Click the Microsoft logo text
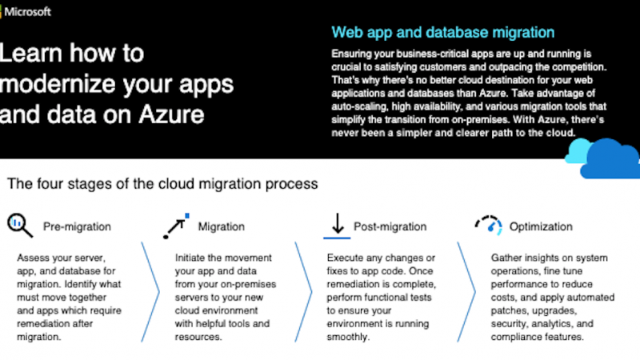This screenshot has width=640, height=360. pos(28,12)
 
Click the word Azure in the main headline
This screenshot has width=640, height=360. pos(171,114)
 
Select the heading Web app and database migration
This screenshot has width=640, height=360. pos(443,32)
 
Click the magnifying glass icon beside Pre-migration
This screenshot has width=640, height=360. pos(19,225)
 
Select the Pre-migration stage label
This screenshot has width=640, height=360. pos(77,226)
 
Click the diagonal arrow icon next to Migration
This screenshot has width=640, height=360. pos(176,226)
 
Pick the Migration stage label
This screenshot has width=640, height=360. pos(222,226)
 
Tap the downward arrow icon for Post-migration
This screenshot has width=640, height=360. pos(337,226)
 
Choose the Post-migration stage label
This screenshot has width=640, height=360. pos(390,226)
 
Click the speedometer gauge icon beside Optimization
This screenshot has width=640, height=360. pos(489,226)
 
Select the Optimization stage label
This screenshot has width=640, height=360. pos(541,227)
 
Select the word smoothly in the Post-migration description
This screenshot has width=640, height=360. pos(348,337)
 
